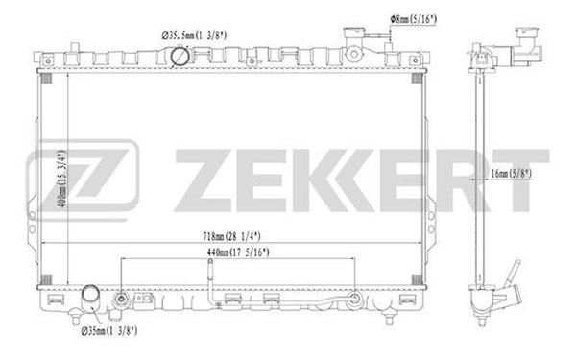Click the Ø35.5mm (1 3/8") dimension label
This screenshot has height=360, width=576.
coord(194,36)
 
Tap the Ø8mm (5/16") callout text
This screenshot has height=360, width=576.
coord(413,19)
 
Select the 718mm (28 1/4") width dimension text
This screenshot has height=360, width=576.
coord(231,236)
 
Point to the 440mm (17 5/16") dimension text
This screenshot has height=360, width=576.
coord(238,252)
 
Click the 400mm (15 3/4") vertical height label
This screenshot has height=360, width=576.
coord(62,179)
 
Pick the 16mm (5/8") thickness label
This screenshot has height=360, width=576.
coord(511,174)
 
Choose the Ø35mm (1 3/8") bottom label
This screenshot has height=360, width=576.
coord(109,331)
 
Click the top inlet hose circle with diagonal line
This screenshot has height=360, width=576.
coord(180,57)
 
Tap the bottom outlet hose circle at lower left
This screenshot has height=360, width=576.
coord(90,294)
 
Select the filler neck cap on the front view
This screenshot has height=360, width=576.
coord(353,35)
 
